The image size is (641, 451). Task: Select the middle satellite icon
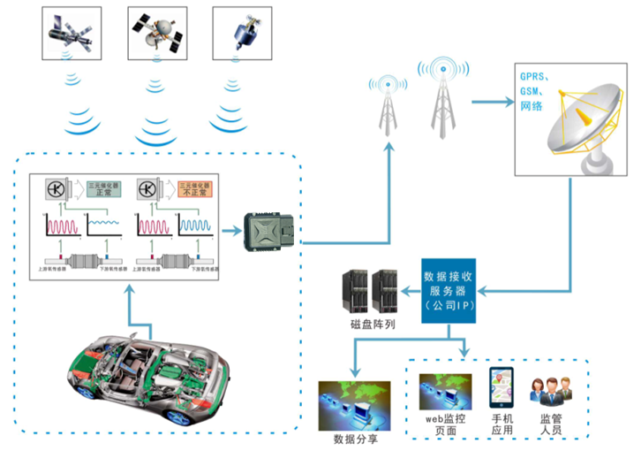coord(156,30)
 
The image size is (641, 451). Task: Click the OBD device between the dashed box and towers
coord(272,233)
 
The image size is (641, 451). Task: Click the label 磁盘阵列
coord(372,325)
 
